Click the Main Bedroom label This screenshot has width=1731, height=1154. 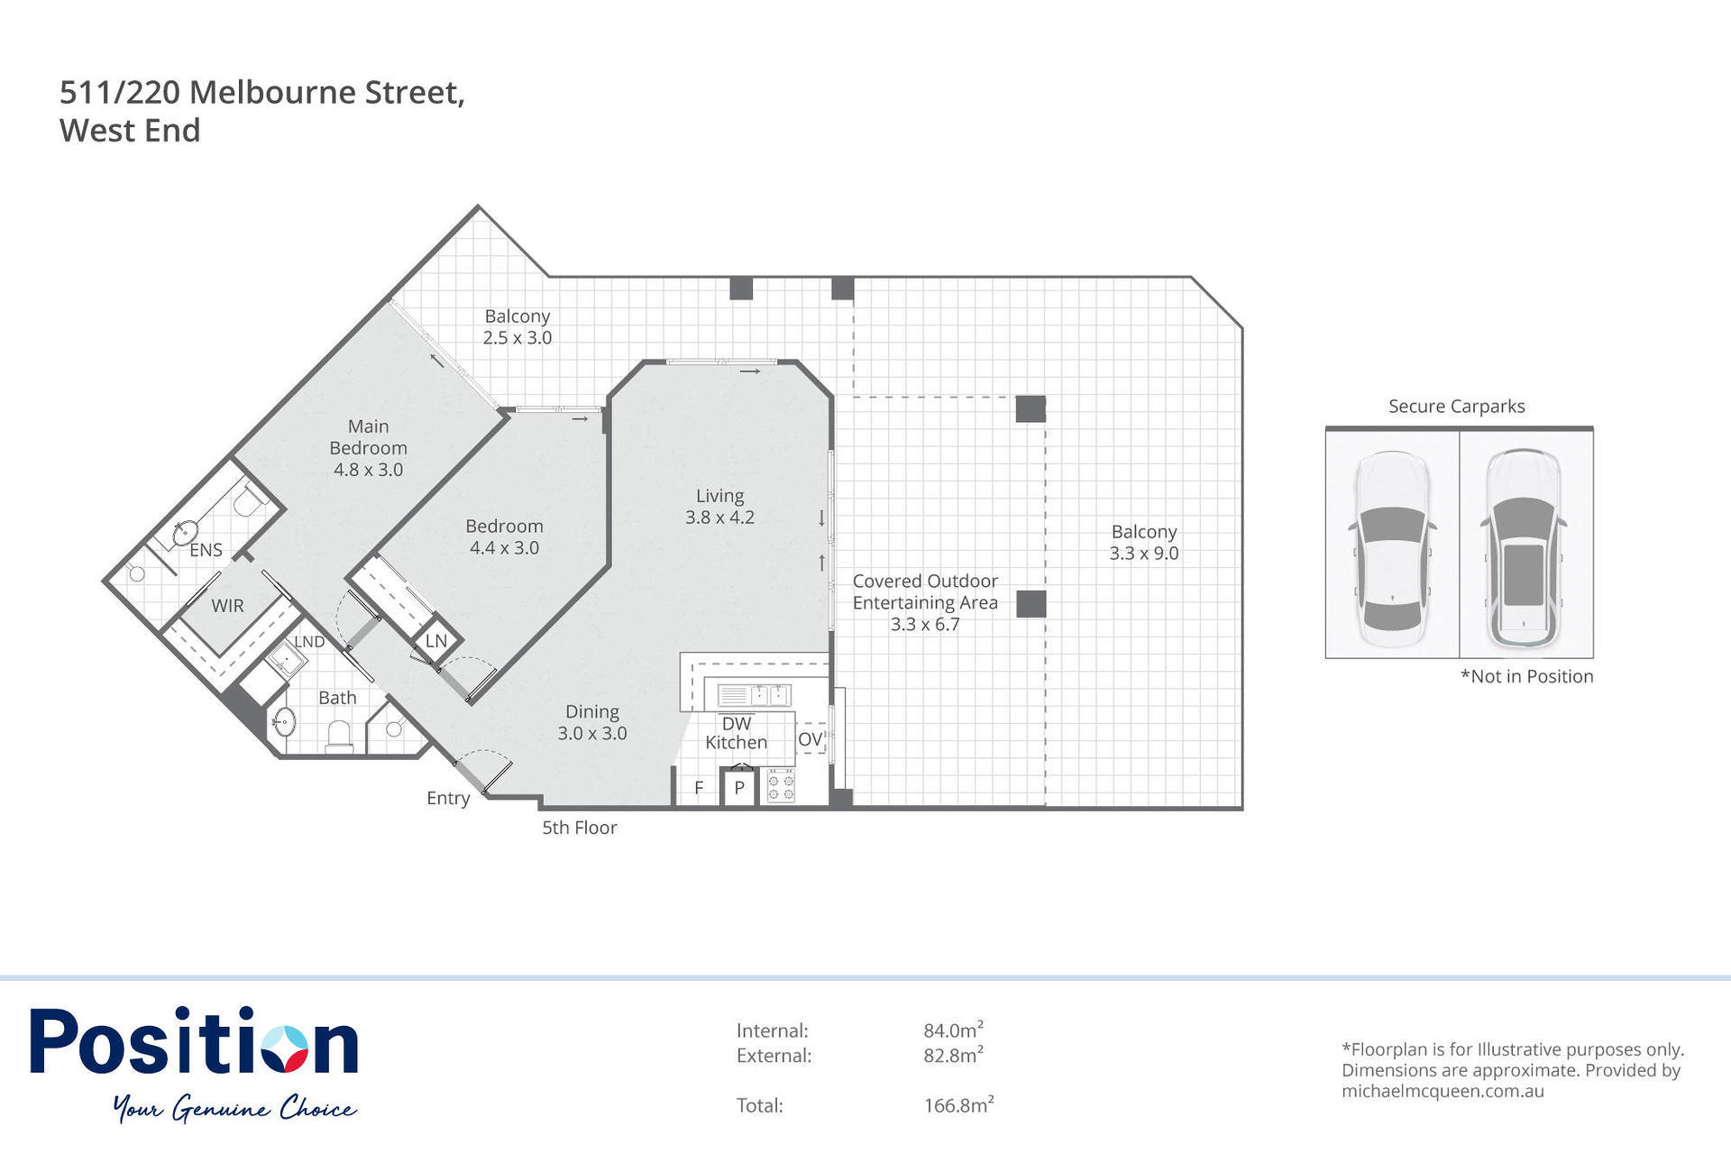coord(368,447)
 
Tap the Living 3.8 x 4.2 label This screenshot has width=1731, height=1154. coord(719,507)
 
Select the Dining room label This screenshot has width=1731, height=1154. coord(592,722)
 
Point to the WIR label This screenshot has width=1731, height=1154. coord(227,606)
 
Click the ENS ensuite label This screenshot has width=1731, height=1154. coord(206,550)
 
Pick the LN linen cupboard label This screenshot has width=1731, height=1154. coord(436,641)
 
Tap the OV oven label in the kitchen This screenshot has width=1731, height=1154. coord(810,739)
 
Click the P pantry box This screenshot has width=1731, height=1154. coord(739,788)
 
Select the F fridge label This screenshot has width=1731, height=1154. coord(699,788)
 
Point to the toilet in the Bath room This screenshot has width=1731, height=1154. coord(340,736)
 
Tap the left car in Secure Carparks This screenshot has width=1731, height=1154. coord(1392,549)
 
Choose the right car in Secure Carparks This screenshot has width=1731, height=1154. coord(1525,548)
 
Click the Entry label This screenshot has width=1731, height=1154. coord(448,799)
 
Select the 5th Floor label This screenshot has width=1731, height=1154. coord(579,828)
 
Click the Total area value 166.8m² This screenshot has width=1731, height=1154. coord(958,1104)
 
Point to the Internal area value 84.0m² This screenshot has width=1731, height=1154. coord(953,1030)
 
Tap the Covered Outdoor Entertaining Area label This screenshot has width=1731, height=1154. coord(925,602)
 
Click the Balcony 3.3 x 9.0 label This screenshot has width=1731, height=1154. coord(1144,543)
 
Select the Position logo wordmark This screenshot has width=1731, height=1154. coord(195,1041)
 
